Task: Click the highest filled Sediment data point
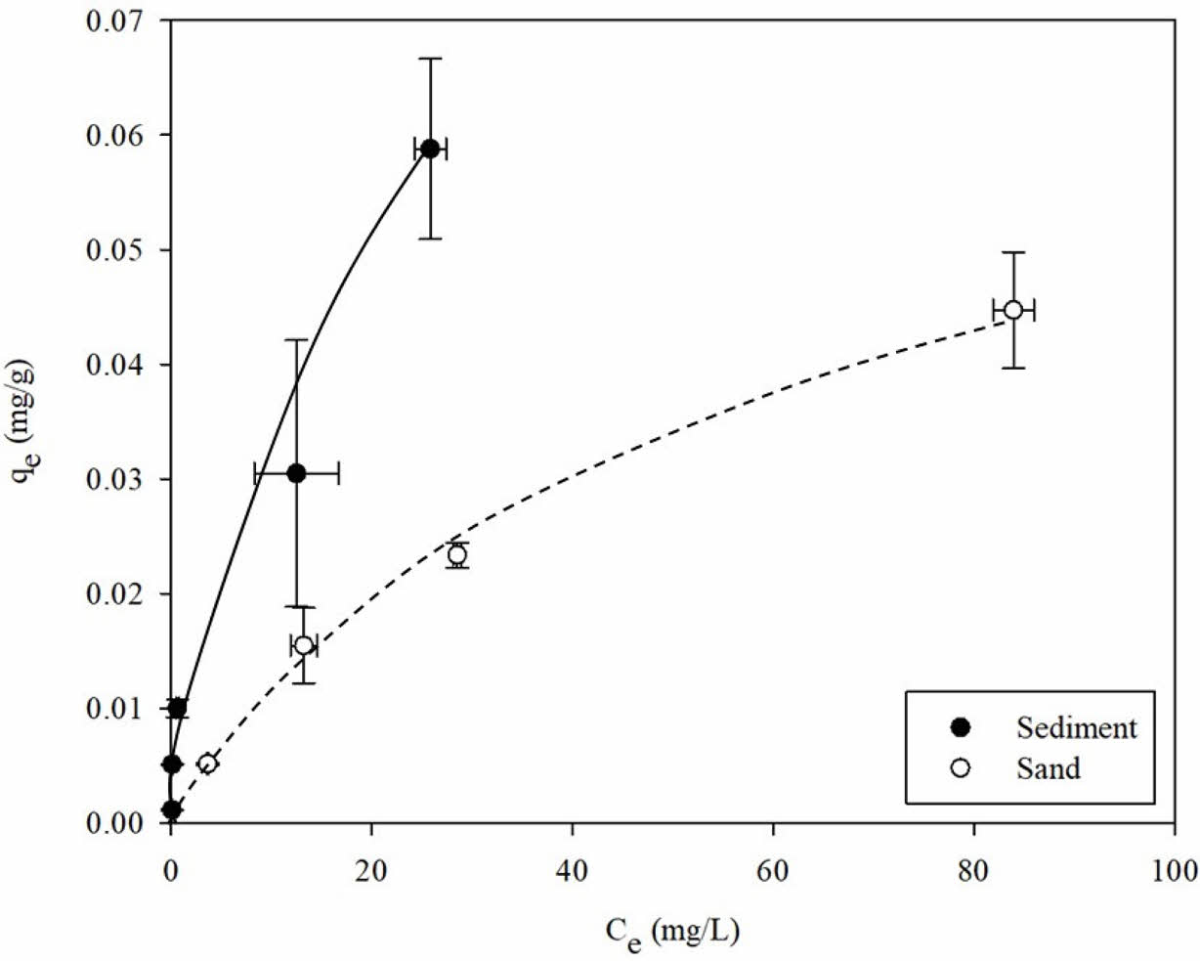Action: (x=430, y=149)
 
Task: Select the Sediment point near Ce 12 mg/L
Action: (x=296, y=474)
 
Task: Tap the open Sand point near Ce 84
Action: (x=1013, y=310)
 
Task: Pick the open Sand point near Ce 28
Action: (x=456, y=555)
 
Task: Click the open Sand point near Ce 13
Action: (x=304, y=645)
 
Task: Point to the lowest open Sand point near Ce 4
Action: (x=207, y=763)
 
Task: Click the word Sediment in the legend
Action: (x=1076, y=727)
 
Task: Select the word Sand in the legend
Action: (x=1048, y=768)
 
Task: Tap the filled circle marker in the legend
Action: (x=961, y=727)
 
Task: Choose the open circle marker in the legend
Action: (x=961, y=768)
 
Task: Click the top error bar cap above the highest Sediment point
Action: (x=430, y=59)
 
